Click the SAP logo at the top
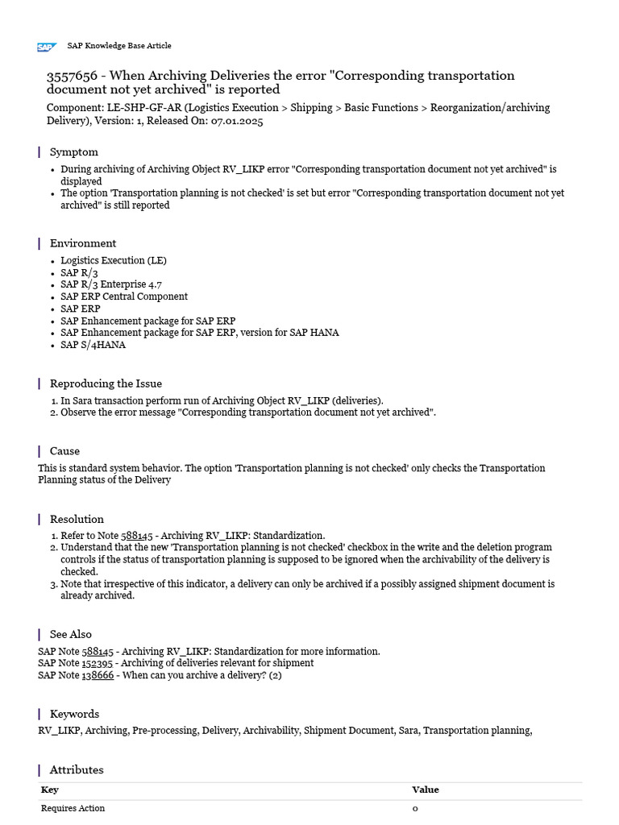coord(47,47)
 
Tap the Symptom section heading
coord(73,151)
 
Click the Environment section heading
coord(82,243)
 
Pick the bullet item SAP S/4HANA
coord(93,345)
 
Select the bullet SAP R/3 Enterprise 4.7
coord(110,284)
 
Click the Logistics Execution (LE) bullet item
coord(114,260)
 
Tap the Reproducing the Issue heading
coord(106,383)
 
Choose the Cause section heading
coord(64,451)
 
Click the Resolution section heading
coord(77,519)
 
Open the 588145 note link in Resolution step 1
coord(136,536)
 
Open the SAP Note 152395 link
coord(98,663)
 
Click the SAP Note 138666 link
coord(98,675)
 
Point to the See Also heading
coord(70,634)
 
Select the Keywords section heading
coord(74,714)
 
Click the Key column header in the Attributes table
coord(49,790)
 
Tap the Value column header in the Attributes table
coord(426,790)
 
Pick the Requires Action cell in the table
coord(73,808)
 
